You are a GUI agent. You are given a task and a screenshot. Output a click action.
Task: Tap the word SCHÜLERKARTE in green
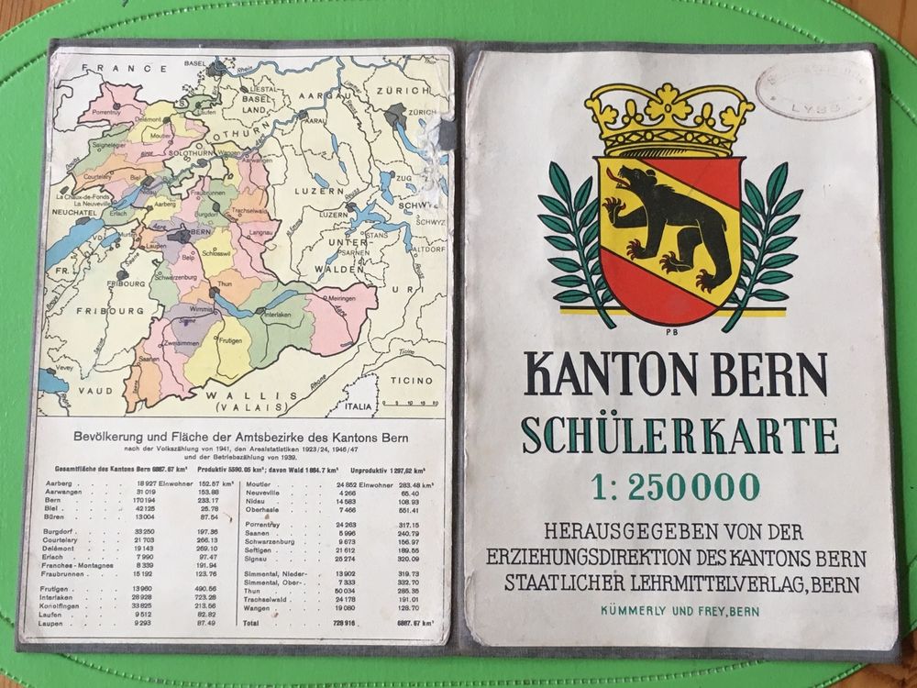[x=679, y=435]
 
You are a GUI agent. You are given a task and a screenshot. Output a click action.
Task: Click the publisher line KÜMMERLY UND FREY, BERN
[x=679, y=609]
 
